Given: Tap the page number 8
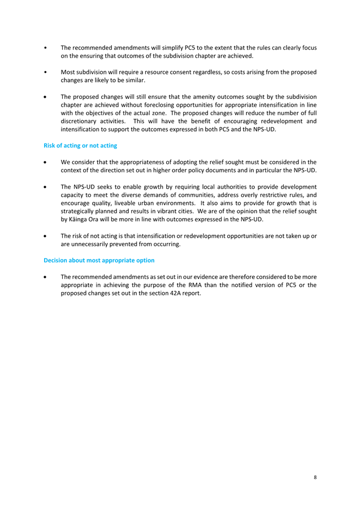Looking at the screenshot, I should pyautogui.click(x=315, y=477).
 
